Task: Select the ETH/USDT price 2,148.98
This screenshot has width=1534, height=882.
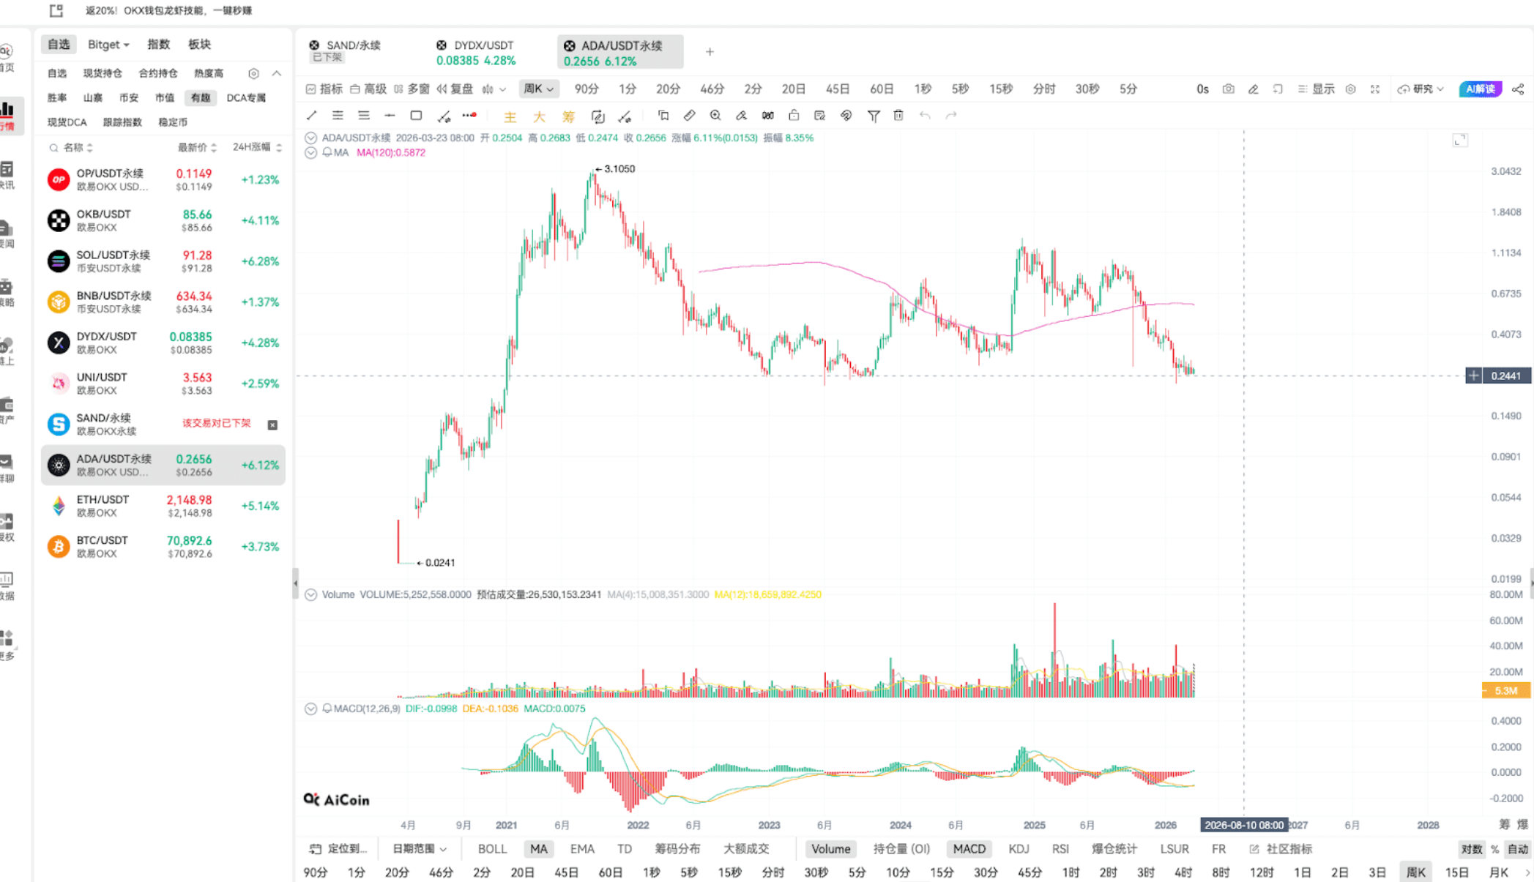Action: point(189,500)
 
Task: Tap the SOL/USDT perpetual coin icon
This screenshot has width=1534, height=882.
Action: point(59,261)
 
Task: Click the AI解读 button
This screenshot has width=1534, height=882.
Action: point(1480,89)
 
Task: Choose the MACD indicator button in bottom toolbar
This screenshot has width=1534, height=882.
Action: point(969,849)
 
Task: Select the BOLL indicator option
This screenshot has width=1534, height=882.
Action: point(492,849)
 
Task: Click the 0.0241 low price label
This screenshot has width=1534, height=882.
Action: point(439,563)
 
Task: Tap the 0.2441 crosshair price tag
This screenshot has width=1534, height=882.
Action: point(1505,376)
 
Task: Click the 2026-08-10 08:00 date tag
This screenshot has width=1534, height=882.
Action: point(1244,825)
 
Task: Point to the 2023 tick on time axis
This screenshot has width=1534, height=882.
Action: point(769,825)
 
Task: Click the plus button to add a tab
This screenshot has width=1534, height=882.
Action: point(710,52)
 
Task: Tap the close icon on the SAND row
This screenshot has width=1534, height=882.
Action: point(272,425)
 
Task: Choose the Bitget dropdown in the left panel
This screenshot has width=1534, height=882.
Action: point(108,45)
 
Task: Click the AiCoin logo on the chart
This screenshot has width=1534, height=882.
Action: point(337,800)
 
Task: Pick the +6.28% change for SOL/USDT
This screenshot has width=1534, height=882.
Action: point(260,261)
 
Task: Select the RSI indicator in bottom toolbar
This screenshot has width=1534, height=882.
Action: point(1060,849)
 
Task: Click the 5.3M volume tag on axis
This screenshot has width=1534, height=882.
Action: point(1505,691)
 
